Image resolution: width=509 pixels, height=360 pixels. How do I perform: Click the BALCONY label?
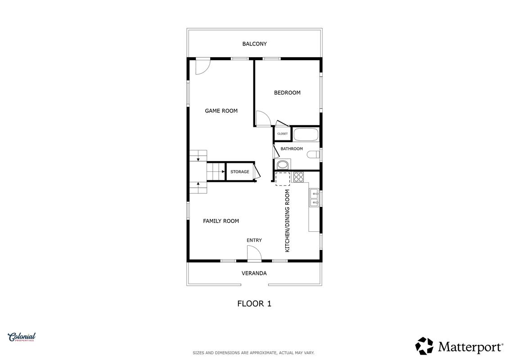[x=255, y=44]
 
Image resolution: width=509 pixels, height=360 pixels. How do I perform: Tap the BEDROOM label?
[x=287, y=93]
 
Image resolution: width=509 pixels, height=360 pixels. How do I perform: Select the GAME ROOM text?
[x=221, y=111]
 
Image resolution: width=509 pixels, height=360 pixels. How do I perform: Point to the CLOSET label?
[x=283, y=134]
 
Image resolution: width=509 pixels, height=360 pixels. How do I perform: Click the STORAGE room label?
[x=240, y=172]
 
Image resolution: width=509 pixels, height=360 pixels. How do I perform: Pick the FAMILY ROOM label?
[x=221, y=221]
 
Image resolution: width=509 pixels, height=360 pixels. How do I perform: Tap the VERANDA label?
[x=254, y=273]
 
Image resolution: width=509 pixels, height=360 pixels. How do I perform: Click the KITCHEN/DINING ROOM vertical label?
[x=287, y=221]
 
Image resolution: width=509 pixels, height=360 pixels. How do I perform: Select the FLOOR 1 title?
[x=254, y=304]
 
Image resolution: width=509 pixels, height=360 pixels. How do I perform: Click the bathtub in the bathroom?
[x=306, y=135]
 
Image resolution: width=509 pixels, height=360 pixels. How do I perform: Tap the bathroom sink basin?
[x=283, y=165]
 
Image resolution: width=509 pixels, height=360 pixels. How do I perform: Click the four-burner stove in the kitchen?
[x=299, y=177]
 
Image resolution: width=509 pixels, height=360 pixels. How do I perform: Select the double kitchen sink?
[x=314, y=198]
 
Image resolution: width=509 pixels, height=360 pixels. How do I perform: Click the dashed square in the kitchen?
[x=283, y=179]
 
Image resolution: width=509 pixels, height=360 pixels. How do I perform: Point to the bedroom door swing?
[x=263, y=118]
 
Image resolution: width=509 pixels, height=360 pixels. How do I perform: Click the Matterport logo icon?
[x=424, y=346]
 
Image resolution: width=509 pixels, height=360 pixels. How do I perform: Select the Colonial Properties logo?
[x=22, y=337]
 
